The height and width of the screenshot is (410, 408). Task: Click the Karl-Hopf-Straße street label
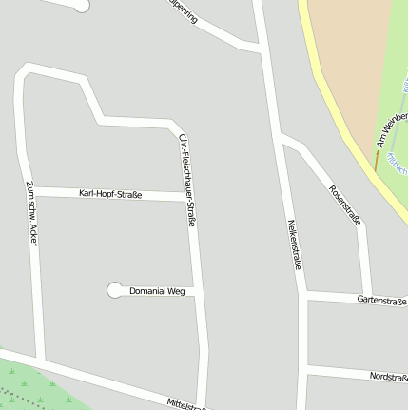110,194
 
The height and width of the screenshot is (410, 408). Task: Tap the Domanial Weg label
157,290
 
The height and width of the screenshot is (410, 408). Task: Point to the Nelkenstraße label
294,244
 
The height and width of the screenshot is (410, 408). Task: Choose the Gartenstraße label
381,301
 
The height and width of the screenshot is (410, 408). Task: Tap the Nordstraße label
388,377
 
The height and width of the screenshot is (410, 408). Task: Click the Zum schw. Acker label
32,214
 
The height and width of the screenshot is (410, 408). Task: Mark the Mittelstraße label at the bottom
186,404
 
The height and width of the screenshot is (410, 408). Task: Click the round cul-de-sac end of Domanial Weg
115,289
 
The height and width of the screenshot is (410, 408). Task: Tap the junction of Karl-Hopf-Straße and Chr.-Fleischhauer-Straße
189,196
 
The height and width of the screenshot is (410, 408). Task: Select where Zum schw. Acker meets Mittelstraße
40,360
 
